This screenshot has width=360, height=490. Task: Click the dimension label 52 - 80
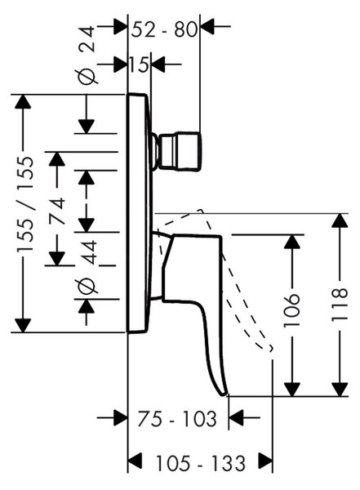click(165, 29)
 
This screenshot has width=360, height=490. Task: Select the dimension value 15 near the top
click(140, 65)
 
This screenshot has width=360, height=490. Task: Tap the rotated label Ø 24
click(87, 55)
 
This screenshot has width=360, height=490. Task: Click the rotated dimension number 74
click(57, 212)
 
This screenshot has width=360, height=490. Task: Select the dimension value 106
click(292, 310)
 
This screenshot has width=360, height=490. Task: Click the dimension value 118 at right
click(340, 305)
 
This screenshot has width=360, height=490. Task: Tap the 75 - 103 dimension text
click(177, 419)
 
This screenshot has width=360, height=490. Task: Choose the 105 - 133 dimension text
click(200, 463)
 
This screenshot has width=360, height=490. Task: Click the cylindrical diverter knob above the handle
click(180, 152)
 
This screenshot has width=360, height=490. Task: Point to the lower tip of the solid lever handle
click(224, 394)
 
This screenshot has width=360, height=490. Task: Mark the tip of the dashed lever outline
click(272, 348)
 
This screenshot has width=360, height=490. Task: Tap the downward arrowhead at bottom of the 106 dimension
click(292, 390)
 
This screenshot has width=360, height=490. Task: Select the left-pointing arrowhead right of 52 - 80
click(207, 26)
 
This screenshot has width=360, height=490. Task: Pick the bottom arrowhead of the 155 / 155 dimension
click(23, 325)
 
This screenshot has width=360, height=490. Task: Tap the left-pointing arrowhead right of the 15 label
click(158, 65)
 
